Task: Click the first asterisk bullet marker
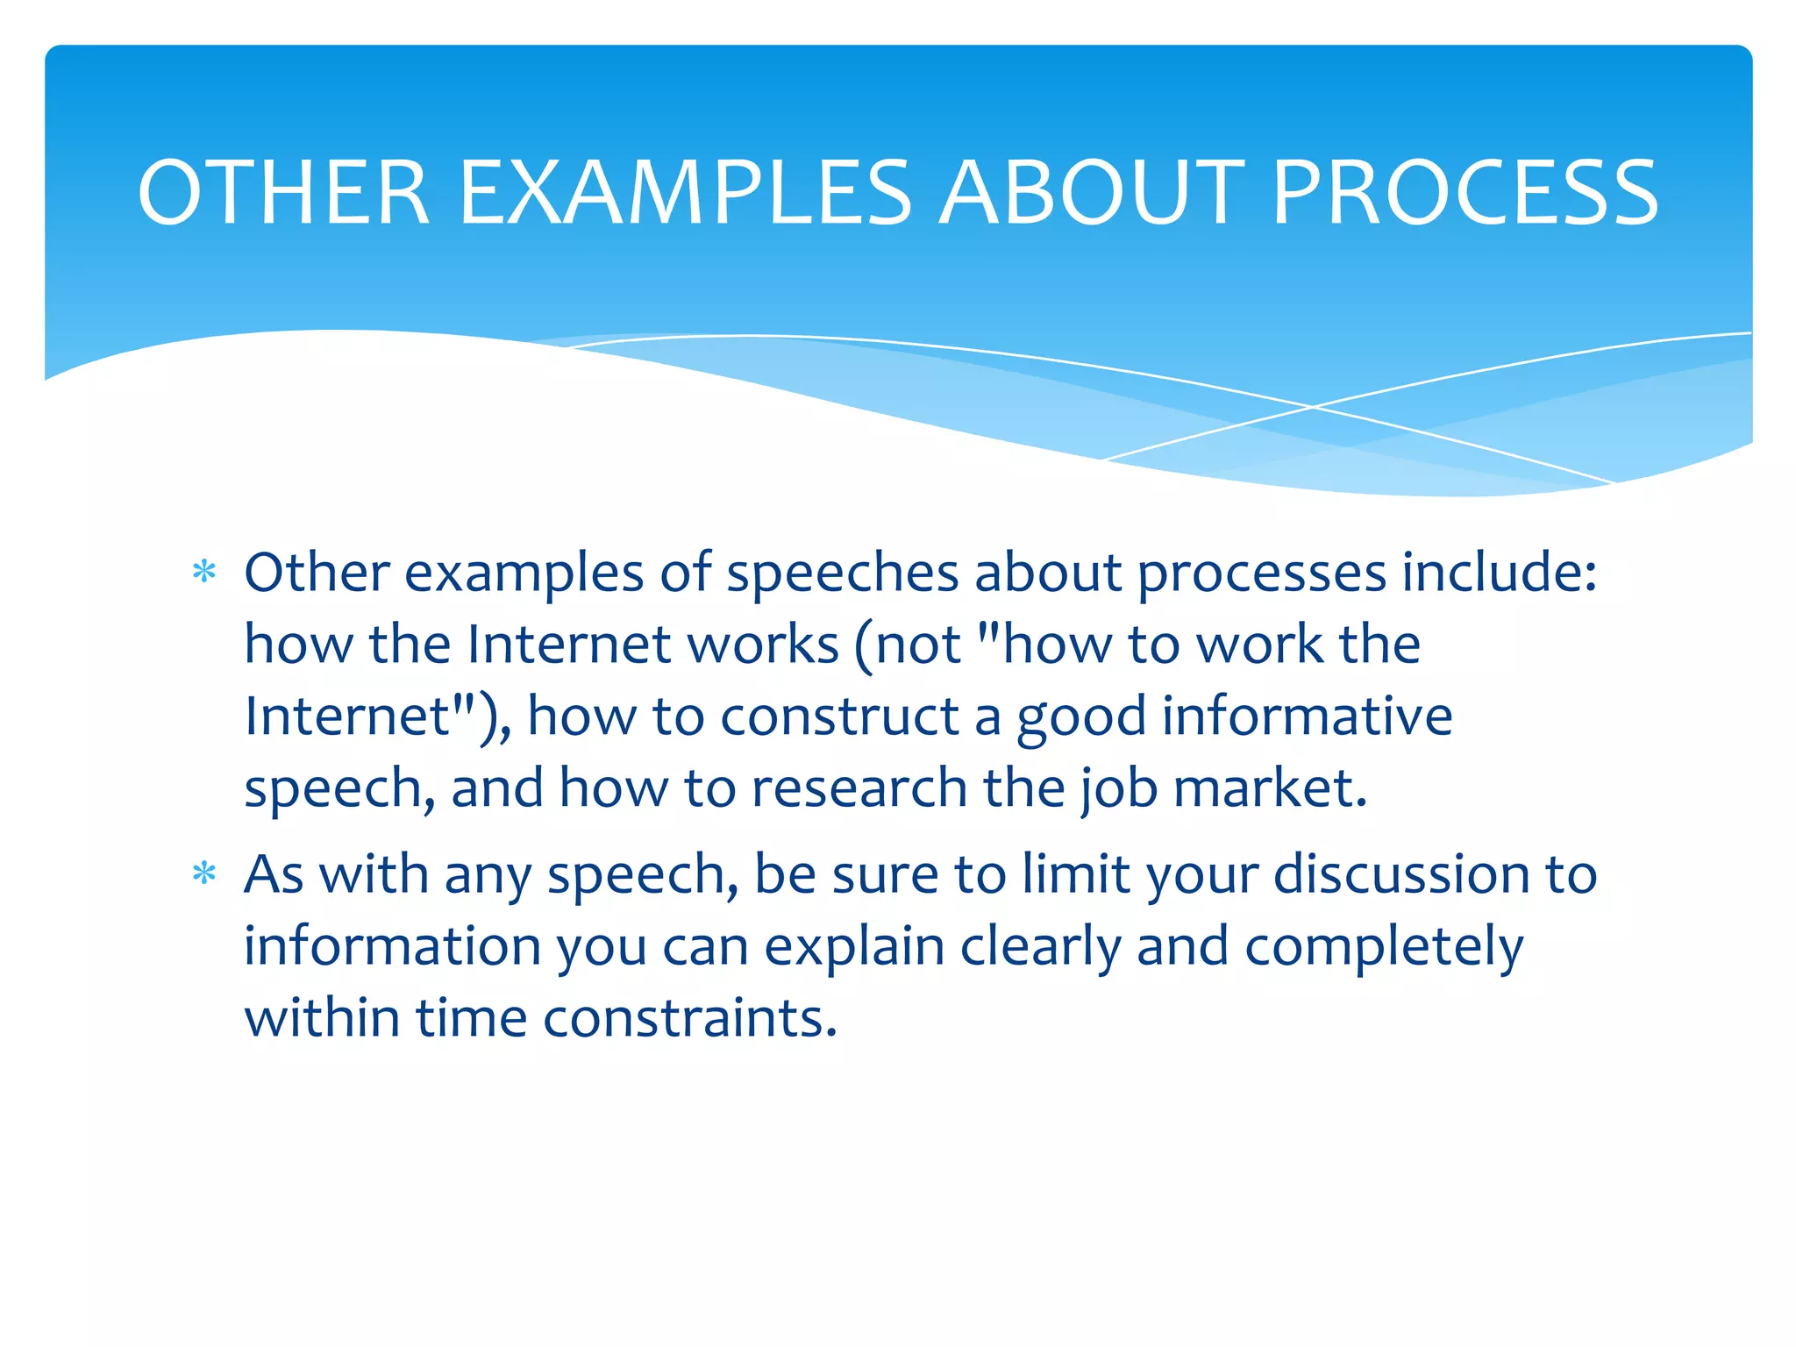tap(204, 573)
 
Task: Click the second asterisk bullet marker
tap(204, 874)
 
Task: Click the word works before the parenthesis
tap(762, 645)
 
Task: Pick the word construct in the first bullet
tap(839, 716)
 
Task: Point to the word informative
tap(1307, 716)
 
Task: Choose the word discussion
tap(1400, 874)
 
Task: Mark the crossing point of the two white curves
tap(1313, 407)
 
